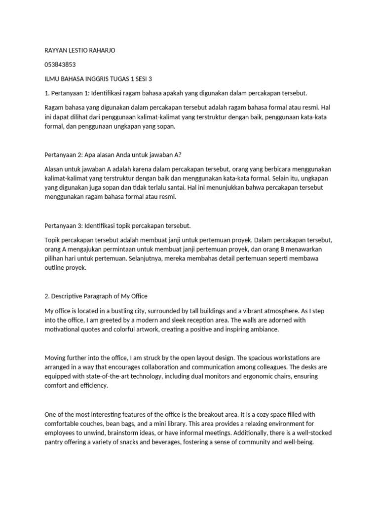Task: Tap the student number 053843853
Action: tap(60, 65)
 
